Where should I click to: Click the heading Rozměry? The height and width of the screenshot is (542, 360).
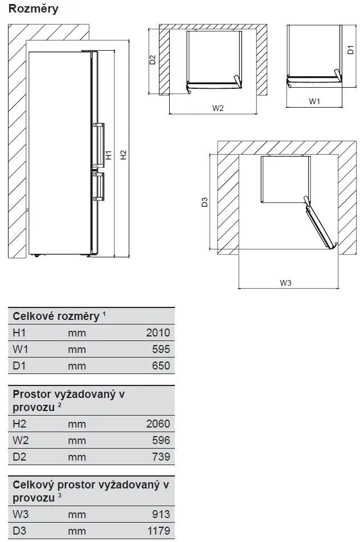tap(33, 9)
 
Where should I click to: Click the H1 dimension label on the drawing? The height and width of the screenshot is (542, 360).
tap(108, 155)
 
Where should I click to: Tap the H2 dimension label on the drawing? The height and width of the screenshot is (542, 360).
tap(123, 155)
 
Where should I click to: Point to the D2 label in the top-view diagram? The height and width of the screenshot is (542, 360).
tap(153, 59)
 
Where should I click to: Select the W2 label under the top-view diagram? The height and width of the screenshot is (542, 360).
tap(218, 108)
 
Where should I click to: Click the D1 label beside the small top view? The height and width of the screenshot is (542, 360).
tap(350, 50)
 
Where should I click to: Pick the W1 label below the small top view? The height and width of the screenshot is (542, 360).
tap(314, 101)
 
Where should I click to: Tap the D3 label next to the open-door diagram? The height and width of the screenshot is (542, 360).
tap(204, 202)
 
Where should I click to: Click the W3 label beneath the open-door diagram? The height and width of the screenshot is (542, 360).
tap(286, 283)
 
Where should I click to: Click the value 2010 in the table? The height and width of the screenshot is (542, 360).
tap(158, 333)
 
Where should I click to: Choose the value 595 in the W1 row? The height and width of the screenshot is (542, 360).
tap(161, 350)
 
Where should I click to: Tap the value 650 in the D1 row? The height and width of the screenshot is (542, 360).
tap(161, 366)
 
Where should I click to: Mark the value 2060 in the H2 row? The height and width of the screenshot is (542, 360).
tap(158, 424)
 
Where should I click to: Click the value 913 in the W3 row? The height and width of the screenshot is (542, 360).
tap(161, 515)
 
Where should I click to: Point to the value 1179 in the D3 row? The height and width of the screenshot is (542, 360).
tap(158, 531)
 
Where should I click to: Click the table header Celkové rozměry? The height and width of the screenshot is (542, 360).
tap(56, 317)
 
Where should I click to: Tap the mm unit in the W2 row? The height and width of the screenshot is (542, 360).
tap(77, 440)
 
